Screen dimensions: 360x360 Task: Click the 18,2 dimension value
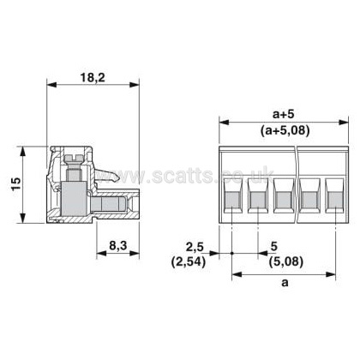click(93, 77)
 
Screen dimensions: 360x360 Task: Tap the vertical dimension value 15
click(16, 184)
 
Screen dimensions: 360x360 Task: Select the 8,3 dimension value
click(117, 245)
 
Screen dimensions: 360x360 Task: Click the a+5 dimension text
click(283, 115)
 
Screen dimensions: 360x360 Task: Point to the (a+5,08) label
click(285, 131)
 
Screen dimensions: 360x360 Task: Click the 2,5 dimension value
click(195, 247)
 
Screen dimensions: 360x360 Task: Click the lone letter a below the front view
click(285, 283)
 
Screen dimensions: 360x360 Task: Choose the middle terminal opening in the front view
click(284, 195)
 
